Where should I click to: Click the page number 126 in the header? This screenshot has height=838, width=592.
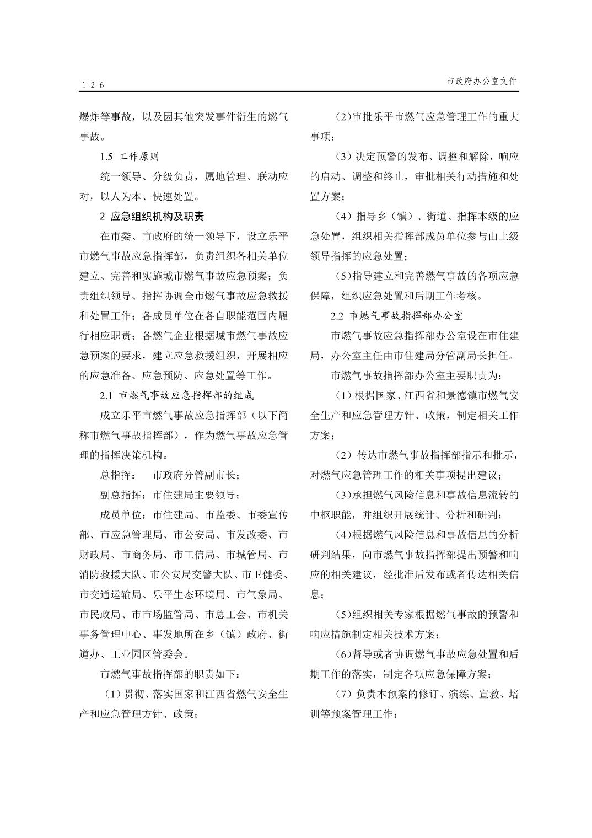[92, 84]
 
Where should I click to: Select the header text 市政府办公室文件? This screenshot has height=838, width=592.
[482, 81]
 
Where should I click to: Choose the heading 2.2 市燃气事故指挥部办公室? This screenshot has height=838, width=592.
[396, 316]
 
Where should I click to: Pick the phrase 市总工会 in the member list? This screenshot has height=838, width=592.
[226, 614]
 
